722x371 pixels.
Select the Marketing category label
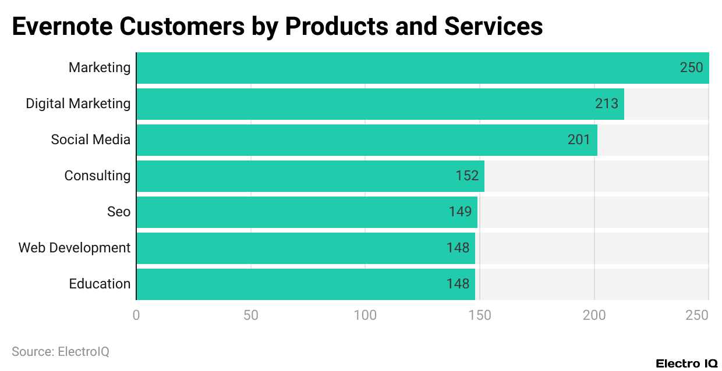coord(100,67)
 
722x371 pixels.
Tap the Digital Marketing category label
coord(78,104)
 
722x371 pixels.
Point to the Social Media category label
coord(90,140)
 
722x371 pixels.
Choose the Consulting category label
coord(97,176)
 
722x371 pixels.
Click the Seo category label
coord(119,212)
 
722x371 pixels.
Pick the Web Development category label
coord(75,248)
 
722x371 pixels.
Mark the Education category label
coord(100,284)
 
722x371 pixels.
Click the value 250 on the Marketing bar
coord(691,67)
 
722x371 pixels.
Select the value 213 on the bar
coord(607,104)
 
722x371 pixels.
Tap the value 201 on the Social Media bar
coord(579,140)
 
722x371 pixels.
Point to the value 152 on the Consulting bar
coord(467,176)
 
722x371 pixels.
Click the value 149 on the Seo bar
coord(460,212)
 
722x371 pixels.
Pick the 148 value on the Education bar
coord(458,284)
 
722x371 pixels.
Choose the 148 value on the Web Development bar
coord(458,248)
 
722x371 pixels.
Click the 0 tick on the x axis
coord(136,315)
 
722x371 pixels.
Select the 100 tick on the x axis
coord(365,315)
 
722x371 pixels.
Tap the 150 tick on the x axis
coord(480,315)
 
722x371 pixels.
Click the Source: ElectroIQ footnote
coord(61,351)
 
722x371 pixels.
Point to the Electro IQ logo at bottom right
coord(686,363)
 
